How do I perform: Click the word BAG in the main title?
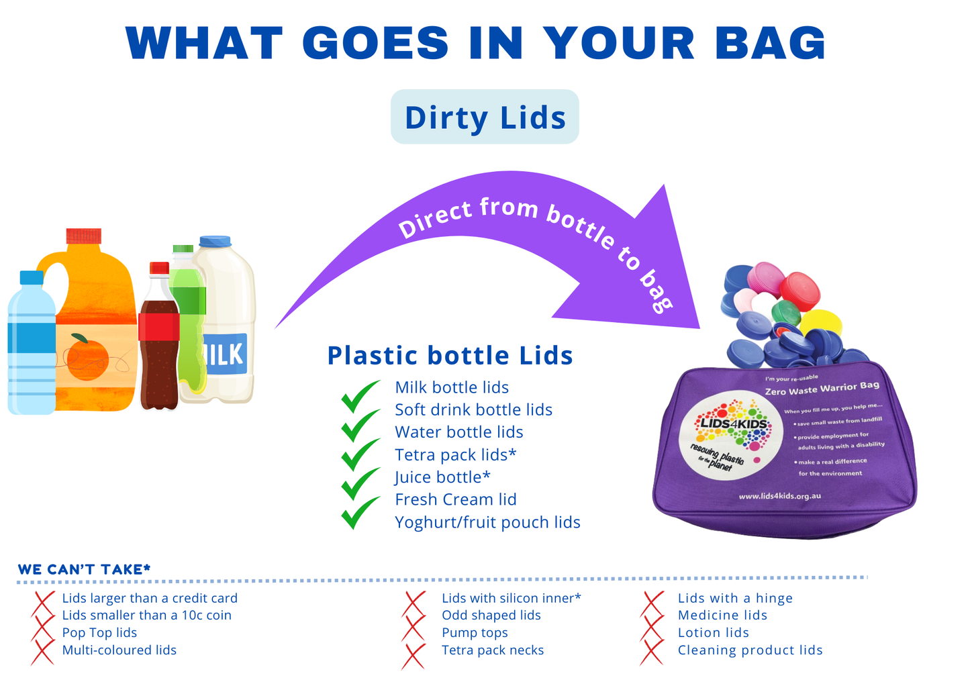pos(771,42)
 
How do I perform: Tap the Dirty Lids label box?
pos(485,117)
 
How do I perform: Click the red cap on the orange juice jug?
pos(84,236)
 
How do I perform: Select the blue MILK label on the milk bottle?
pos(225,353)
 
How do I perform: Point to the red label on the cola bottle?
pos(158,326)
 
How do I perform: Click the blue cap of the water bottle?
pos(32,277)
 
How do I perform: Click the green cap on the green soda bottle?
pos(183,248)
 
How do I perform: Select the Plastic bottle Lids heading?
pos(450,356)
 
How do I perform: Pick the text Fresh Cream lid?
pos(456,499)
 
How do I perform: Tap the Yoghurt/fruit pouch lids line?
pos(487,522)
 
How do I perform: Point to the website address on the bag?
pos(780,496)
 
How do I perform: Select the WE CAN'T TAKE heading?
pos(84,569)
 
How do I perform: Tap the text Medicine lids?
pos(722,615)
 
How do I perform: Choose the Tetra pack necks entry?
pos(492,650)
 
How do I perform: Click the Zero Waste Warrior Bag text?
pos(822,388)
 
